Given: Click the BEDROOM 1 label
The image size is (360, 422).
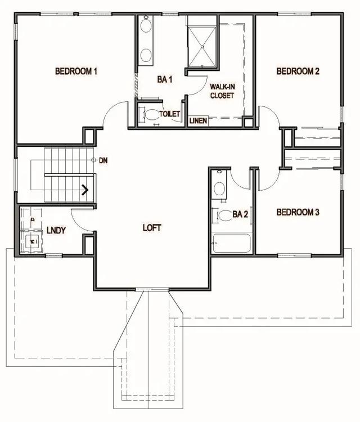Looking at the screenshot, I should [76, 71].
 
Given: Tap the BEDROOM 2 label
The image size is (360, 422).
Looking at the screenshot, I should [298, 71].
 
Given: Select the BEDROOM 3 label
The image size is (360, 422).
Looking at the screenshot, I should [298, 212].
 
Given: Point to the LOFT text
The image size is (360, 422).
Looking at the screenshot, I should [152, 228].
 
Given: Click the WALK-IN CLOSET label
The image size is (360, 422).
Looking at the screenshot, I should [222, 91].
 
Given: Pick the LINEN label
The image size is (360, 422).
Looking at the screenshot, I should [197, 121].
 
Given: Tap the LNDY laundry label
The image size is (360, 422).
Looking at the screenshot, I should [56, 231].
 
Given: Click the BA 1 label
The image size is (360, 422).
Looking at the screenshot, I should [164, 80].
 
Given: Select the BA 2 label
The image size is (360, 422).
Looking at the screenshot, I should [240, 214].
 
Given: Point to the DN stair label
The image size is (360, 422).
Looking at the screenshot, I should [103, 160].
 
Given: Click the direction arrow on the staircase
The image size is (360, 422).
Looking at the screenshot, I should [86, 190].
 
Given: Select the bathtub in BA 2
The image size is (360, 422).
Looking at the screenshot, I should [231, 244].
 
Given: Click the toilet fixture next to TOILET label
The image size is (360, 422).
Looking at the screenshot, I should [150, 114].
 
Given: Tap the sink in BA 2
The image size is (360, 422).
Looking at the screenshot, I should [219, 188].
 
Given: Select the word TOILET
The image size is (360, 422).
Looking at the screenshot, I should [169, 114].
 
